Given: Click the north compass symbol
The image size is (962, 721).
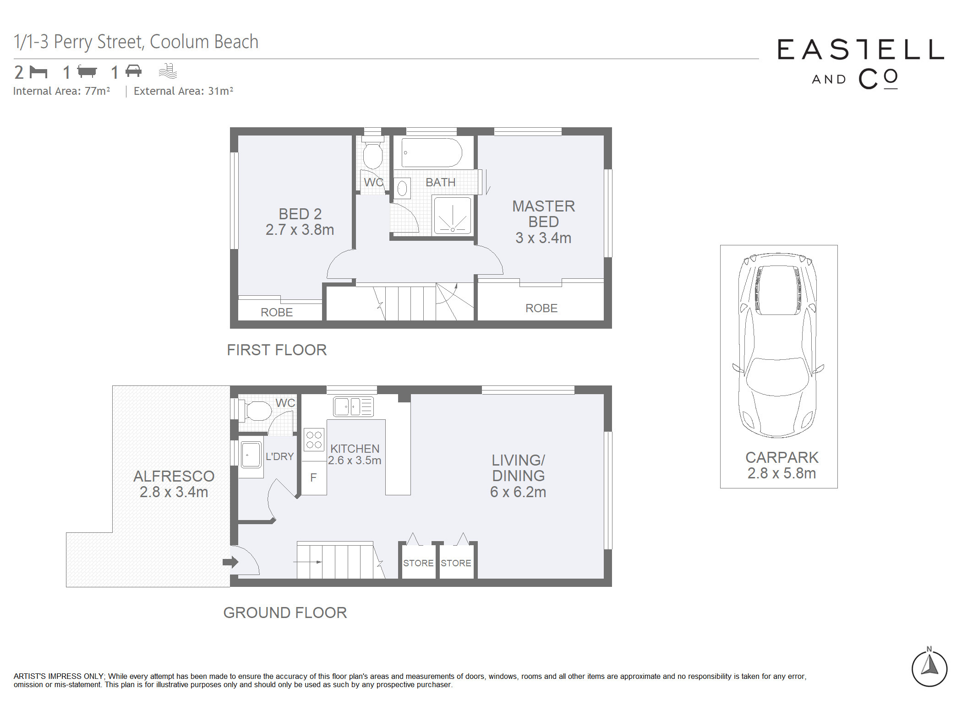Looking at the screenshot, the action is pyautogui.click(x=929, y=667).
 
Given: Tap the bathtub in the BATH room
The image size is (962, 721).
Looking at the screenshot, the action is pyautogui.click(x=432, y=152).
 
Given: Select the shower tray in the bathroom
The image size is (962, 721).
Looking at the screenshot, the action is pyautogui.click(x=452, y=215).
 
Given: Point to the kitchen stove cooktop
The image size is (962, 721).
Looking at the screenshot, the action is pyautogui.click(x=314, y=440).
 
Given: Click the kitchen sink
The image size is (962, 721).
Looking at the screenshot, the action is pyautogui.click(x=353, y=407).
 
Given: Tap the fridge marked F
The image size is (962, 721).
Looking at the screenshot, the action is pyautogui.click(x=314, y=478).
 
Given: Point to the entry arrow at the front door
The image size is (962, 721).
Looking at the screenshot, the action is pyautogui.click(x=230, y=562).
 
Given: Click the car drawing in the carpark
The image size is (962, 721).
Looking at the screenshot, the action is pyautogui.click(x=778, y=345).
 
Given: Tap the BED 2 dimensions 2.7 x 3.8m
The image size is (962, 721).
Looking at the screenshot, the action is pyautogui.click(x=300, y=230).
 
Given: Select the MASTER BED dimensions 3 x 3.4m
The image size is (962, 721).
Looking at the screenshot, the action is pyautogui.click(x=543, y=238).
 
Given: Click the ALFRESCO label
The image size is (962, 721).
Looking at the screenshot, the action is pyautogui.click(x=174, y=476).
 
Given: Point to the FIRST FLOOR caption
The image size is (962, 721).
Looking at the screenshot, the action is pyautogui.click(x=277, y=350).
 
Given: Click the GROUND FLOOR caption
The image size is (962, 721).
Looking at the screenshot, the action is pyautogui.click(x=285, y=613).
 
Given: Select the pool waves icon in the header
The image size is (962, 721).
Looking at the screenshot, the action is pyautogui.click(x=168, y=71).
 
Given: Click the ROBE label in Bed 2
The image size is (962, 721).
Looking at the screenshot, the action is pyautogui.click(x=277, y=312).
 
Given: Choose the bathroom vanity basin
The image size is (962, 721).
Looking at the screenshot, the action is pyautogui.click(x=402, y=188).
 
